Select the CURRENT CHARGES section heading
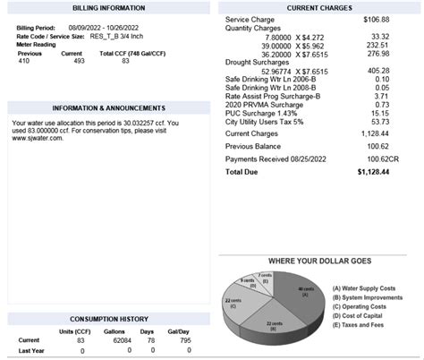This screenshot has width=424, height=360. point(318,8)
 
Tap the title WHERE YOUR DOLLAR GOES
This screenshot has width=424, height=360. point(318,261)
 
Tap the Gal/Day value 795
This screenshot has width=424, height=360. point(184,340)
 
